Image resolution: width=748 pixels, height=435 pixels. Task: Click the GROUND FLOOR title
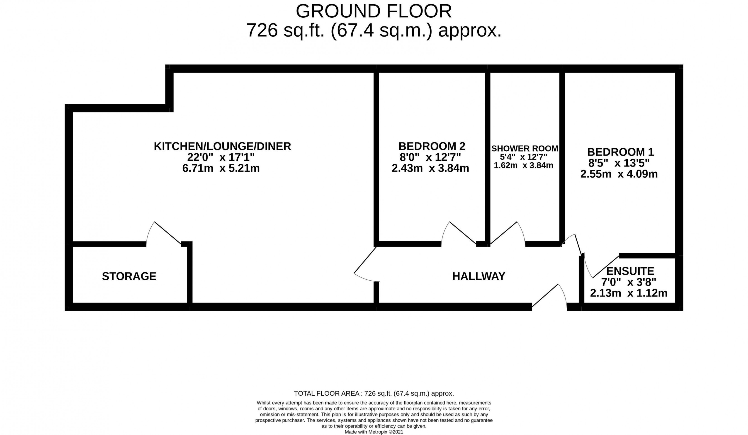(374, 12)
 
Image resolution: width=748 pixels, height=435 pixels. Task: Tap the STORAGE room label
(129, 276)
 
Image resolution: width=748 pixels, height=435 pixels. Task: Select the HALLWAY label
(478, 276)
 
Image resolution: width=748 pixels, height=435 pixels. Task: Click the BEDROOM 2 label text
(432, 146)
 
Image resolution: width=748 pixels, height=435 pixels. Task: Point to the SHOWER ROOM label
(525, 148)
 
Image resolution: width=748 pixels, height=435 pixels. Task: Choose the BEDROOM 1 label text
(620, 152)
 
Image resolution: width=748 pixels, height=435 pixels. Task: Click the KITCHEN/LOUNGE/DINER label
(222, 146)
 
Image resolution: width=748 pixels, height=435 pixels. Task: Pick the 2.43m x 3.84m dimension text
(430, 168)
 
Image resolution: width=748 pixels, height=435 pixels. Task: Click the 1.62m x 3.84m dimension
(523, 165)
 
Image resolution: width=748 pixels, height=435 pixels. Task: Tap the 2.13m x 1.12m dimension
(628, 293)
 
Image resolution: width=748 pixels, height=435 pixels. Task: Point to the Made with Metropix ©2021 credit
(374, 432)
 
